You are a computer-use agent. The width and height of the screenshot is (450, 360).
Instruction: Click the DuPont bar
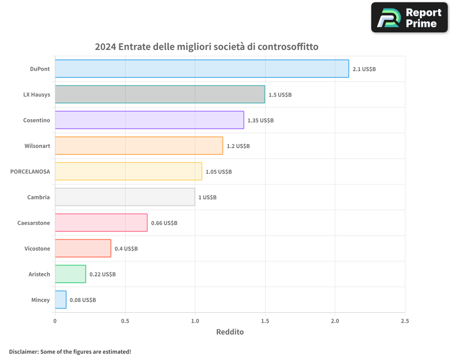(x=202, y=69)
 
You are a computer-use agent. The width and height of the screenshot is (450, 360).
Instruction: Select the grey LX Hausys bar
(x=160, y=94)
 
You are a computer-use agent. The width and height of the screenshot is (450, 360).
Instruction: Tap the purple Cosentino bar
(x=149, y=120)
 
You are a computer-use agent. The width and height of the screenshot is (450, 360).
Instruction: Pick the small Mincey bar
(x=61, y=300)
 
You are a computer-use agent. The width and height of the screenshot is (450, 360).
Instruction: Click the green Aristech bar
(x=70, y=274)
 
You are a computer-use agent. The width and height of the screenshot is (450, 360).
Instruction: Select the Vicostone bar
(x=83, y=248)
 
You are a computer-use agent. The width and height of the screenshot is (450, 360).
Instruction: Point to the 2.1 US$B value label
(x=364, y=69)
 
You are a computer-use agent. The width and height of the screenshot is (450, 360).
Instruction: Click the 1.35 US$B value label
(x=261, y=121)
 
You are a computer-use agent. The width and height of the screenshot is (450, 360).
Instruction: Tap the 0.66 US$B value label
(x=164, y=223)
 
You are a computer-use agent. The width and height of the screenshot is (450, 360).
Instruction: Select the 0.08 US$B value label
(x=83, y=300)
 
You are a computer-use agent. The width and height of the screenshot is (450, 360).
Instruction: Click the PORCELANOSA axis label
(x=30, y=171)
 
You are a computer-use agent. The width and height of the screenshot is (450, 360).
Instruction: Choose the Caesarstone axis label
(x=34, y=223)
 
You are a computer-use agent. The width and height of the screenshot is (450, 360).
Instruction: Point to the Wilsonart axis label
(x=37, y=146)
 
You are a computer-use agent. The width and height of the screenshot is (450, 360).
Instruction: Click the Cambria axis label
(x=39, y=197)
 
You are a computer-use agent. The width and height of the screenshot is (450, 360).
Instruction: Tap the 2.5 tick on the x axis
(x=405, y=321)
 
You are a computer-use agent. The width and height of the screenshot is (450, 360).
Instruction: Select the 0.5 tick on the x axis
(x=125, y=321)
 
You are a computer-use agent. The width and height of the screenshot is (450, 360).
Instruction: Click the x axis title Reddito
(x=230, y=332)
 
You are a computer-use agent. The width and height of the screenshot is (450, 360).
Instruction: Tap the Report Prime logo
(x=409, y=18)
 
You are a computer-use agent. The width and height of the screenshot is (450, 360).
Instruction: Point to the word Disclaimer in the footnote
(x=23, y=351)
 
